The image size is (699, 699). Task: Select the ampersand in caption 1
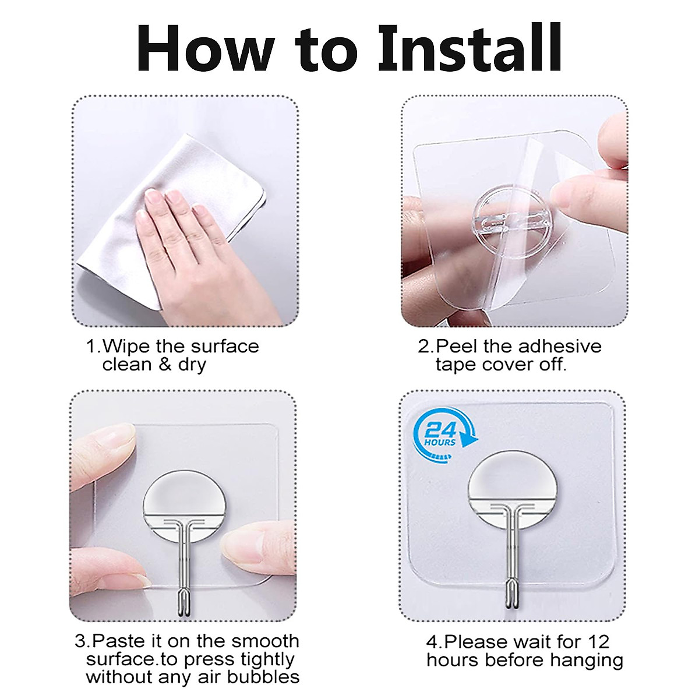click(x=166, y=365)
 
